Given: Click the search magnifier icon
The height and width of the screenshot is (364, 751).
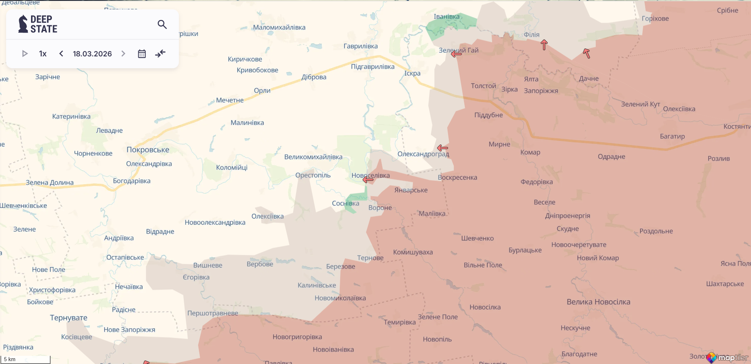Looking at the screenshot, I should click(162, 25).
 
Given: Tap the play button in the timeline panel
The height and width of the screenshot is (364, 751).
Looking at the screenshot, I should click(25, 54).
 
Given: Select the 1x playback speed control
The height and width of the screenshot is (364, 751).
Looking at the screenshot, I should click(43, 54).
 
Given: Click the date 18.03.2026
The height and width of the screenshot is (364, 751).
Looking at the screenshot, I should click(92, 54).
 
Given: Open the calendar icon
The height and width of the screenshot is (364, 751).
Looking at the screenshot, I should click(142, 54).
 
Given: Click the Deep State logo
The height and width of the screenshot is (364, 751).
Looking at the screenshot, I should click(38, 24).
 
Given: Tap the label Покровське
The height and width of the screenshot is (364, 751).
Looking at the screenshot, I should click(148, 150).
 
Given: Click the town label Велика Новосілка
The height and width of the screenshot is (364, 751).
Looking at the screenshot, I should click(598, 302).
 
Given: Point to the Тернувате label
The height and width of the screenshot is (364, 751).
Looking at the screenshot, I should click(69, 317).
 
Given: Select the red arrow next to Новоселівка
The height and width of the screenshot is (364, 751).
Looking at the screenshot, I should click(368, 179).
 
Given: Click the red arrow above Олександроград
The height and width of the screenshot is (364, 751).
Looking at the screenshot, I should click(442, 148).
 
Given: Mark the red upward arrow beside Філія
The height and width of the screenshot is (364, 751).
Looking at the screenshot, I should click(544, 45).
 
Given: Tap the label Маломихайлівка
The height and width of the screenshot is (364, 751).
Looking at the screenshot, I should click(279, 27).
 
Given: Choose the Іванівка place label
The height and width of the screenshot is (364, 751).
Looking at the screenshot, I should click(446, 17).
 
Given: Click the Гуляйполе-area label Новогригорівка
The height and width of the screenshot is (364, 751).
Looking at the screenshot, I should click(297, 337).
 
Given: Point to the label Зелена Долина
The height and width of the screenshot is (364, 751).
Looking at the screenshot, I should click(50, 183).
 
